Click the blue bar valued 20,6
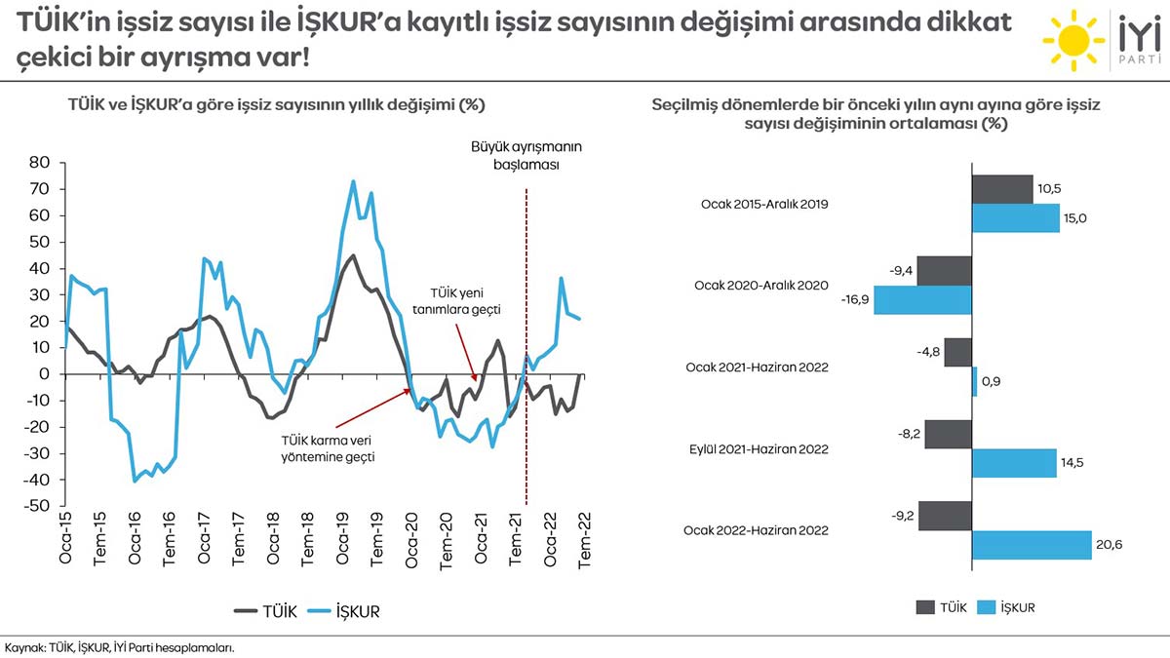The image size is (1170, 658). pos(1032,545)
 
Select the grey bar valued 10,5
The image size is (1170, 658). pos(1002,190)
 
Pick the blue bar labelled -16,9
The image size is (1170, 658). pos(922,300)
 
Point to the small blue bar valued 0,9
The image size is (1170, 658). pos(974,381)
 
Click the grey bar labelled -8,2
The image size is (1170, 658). pos(948,435)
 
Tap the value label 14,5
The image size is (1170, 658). pos(1073,463)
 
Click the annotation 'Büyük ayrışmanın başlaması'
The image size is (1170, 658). pos(526,155)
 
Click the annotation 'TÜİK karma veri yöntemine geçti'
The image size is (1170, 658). pos(328,448)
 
